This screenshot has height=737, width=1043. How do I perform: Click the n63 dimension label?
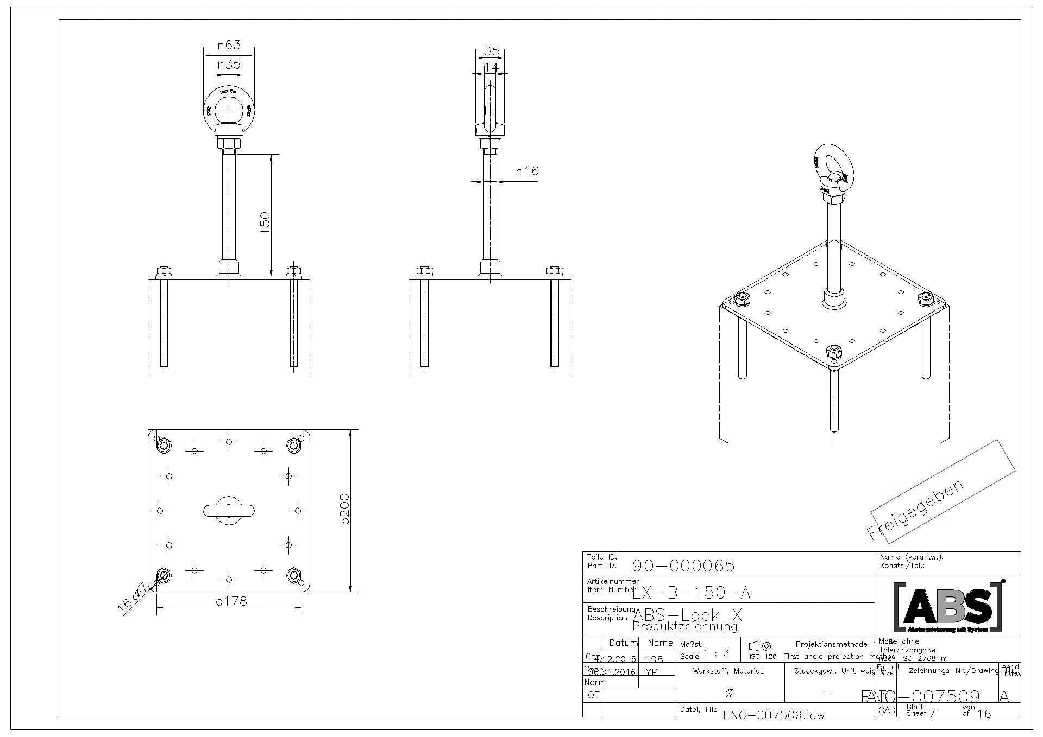tap(229, 45)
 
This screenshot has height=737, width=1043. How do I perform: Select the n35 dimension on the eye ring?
tap(229, 65)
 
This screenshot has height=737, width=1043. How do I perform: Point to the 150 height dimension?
tap(265, 223)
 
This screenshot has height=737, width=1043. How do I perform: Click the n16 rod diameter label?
tap(527, 171)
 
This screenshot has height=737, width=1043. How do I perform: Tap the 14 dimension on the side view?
tap(491, 67)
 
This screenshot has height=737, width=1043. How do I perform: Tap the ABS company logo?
tap(948, 607)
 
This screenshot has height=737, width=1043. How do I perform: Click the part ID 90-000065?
tap(683, 566)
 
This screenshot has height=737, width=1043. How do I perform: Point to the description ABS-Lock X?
tap(687, 615)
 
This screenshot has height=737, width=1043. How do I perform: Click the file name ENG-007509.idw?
tap(774, 715)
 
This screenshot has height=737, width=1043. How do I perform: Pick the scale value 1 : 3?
tap(716, 653)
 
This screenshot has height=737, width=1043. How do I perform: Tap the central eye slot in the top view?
tap(229, 510)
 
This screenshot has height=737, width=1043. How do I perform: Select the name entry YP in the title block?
tap(652, 672)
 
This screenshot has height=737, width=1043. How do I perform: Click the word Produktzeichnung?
tap(685, 627)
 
